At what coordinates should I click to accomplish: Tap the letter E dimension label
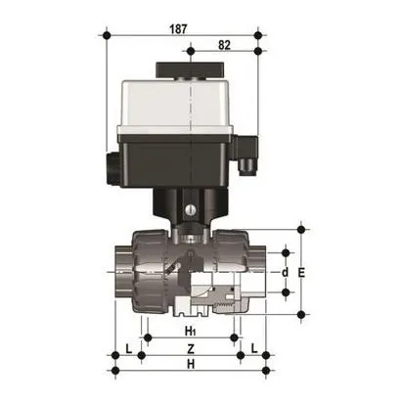[303, 274]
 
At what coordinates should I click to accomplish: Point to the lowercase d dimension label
[285, 272]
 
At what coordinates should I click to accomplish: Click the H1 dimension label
[190, 332]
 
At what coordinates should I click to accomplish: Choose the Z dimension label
[190, 348]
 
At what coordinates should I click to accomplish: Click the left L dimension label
[128, 348]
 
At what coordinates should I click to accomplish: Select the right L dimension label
[253, 348]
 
